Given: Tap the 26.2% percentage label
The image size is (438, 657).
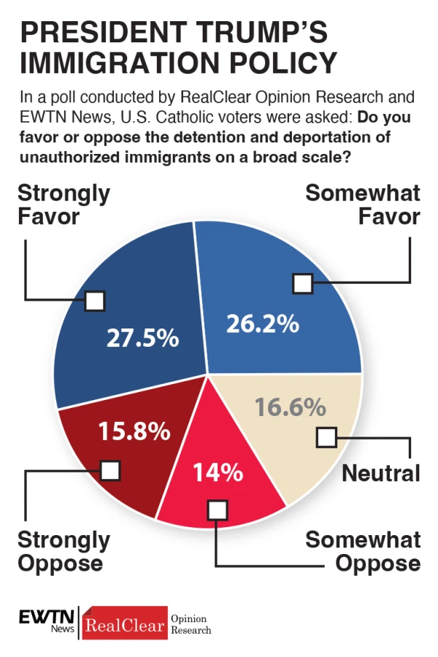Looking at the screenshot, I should coord(262,323).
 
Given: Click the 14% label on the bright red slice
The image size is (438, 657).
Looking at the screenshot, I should coord(217,472).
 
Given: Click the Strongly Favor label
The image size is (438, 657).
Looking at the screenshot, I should coord(64,204).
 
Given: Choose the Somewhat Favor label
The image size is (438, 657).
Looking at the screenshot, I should coord(363,204).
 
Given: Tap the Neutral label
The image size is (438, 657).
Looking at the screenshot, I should coord(381,473).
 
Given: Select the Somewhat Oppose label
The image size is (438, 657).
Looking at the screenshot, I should coord(363,551).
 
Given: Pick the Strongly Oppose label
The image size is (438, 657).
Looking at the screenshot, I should coord(64,551).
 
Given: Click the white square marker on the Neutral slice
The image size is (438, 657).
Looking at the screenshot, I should coord(326,437).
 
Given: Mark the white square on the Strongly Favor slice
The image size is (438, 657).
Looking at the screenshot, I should coord(95,301).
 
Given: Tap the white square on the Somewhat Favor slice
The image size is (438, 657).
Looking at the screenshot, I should coord(302,283).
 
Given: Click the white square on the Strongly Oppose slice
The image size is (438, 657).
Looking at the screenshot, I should coord(110,471).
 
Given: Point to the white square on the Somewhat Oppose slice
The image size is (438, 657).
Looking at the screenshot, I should coord(217,510).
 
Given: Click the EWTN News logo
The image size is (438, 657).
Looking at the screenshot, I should coord(46,621).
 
